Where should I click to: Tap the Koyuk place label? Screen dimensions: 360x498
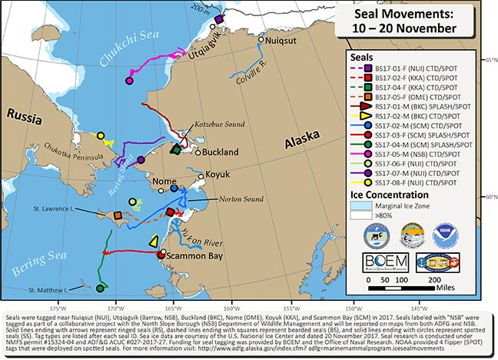(221, 174)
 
